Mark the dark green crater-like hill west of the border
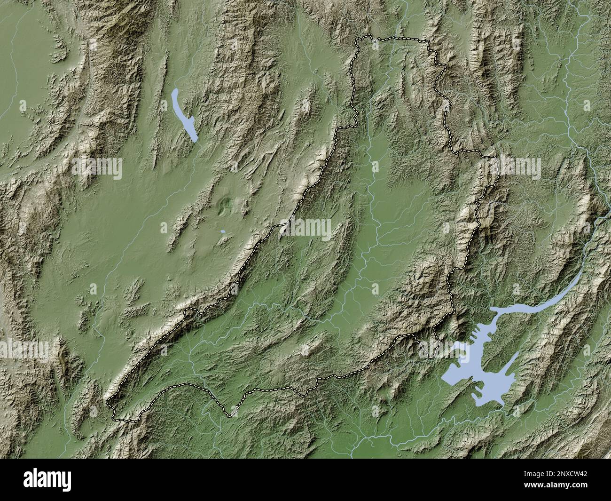[x=227, y=204]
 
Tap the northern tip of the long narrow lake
[x=174, y=90]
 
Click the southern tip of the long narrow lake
[x=195, y=140]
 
